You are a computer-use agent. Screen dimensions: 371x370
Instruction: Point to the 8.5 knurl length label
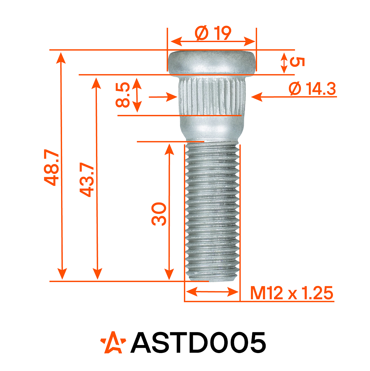point(123,95)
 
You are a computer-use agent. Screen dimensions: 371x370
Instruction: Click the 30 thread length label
point(159,214)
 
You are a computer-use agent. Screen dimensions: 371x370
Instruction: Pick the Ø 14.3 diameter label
point(312,89)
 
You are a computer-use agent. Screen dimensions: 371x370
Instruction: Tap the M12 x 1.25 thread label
point(292,293)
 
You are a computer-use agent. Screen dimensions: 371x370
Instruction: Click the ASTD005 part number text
point(198,343)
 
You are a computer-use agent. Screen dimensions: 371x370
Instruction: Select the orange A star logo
point(113,343)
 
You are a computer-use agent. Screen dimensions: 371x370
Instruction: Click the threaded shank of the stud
point(212,210)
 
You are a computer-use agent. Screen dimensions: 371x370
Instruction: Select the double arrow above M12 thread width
point(212,292)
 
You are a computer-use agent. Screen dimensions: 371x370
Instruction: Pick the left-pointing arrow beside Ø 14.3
point(257,97)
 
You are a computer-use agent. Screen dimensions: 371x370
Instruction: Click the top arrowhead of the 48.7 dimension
point(62,57)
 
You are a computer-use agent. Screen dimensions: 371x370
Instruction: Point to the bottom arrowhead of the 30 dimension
point(169,275)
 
